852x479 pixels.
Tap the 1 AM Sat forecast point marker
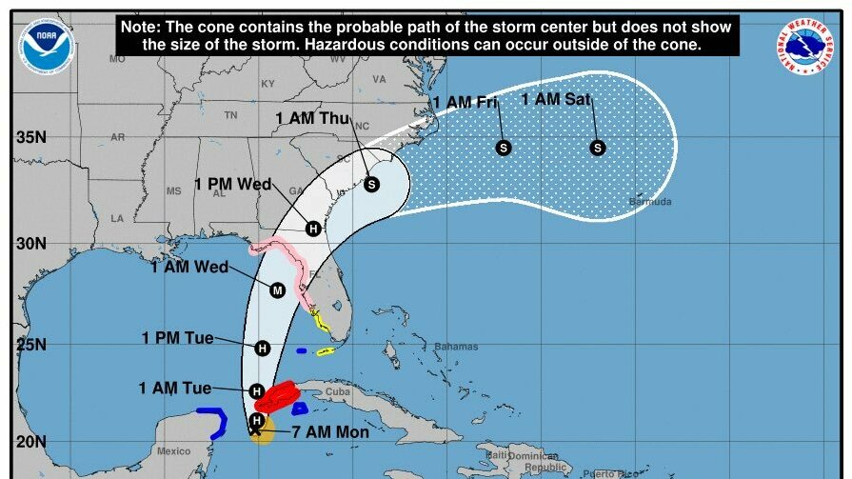coord(598,148)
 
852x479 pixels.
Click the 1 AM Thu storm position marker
coord(371,184)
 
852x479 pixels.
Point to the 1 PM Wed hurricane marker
coord(313,228)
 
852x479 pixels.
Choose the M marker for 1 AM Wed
coord(277,289)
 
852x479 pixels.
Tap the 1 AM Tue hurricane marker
coord(256,391)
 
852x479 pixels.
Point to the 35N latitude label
coord(30,137)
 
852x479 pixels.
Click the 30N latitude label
coord(30,243)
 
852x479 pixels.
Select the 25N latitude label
coord(30,344)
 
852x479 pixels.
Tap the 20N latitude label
coord(30,442)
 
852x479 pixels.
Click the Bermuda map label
coord(650,202)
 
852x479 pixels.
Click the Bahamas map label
coord(456,347)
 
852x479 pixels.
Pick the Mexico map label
coord(174,450)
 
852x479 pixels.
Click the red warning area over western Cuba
coord(280,395)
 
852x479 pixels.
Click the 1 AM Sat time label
coord(556,100)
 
